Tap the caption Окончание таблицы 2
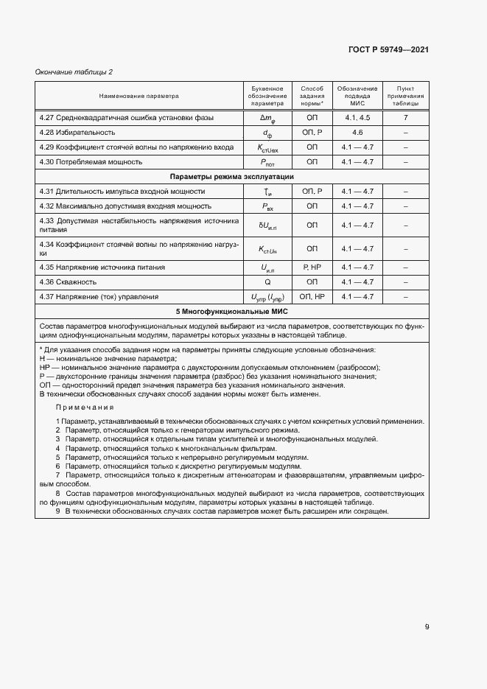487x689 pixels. tap(74, 71)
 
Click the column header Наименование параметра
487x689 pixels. tap(139, 96)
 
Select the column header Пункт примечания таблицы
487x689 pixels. tap(405, 96)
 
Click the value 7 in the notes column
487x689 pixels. tap(405, 118)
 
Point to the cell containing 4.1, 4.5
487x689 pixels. tap(357, 118)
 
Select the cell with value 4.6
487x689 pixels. tap(357, 133)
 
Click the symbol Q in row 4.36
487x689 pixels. tap(267, 282)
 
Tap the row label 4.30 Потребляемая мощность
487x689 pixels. tap(91, 161)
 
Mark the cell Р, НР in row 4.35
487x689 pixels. tap(312, 267)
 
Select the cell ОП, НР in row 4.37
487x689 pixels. tap(312, 296)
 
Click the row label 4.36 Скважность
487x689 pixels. tap(69, 282)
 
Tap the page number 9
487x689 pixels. tap(427, 627)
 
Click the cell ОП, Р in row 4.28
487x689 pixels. tap(312, 133)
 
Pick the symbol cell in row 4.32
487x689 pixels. tap(267, 207)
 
